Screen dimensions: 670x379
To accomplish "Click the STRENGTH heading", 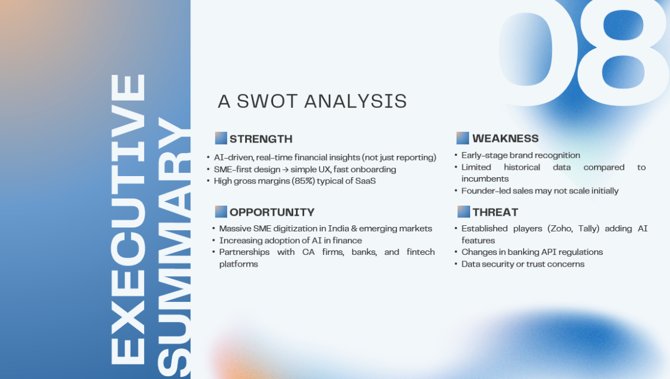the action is [x=261, y=139].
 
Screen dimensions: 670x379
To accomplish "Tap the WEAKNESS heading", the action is [x=505, y=138].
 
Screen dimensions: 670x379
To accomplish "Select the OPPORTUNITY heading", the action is [x=272, y=212].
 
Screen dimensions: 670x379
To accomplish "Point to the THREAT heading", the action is [x=495, y=212].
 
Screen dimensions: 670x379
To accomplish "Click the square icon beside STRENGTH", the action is [x=221, y=138].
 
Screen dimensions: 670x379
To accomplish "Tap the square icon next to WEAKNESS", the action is [x=462, y=138].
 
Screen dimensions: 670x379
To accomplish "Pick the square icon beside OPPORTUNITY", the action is [x=221, y=212].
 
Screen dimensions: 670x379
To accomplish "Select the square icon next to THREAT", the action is [x=463, y=212].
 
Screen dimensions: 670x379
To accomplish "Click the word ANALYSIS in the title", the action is [x=356, y=101].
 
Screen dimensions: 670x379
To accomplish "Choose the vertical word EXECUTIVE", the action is [x=128, y=219].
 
